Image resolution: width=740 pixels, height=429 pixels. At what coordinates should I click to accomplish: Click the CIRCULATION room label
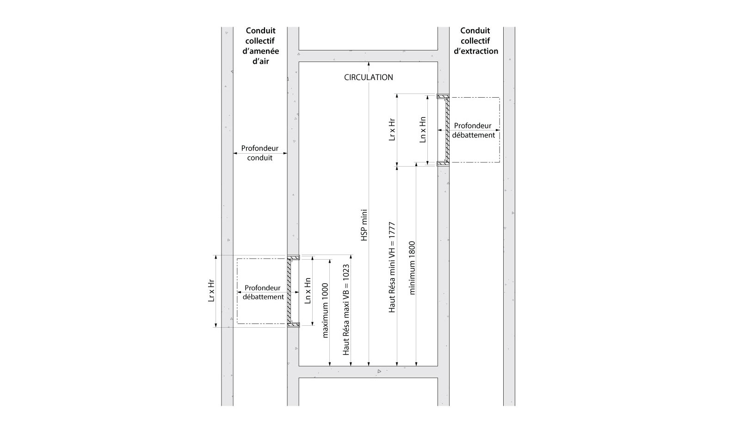pyautogui.click(x=368, y=77)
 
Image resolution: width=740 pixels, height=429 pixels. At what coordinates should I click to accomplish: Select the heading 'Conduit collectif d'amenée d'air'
pyautogui.click(x=260, y=46)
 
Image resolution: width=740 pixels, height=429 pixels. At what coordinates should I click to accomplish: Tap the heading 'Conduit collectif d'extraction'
pyautogui.click(x=475, y=41)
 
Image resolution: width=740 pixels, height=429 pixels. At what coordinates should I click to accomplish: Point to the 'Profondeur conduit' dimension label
pyautogui.click(x=259, y=153)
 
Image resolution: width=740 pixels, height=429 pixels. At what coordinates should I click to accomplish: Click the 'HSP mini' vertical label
pyautogui.click(x=364, y=225)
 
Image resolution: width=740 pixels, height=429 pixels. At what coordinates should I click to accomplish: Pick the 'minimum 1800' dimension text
pyautogui.click(x=412, y=268)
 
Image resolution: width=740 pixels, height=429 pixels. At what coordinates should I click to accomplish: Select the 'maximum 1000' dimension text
pyautogui.click(x=325, y=311)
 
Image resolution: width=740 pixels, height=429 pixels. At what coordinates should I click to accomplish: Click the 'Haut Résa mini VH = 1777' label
pyautogui.click(x=392, y=267)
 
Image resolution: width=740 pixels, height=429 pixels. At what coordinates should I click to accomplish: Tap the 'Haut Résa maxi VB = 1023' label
pyautogui.click(x=345, y=310)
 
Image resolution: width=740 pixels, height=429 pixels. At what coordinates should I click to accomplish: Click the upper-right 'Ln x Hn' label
pyautogui.click(x=423, y=130)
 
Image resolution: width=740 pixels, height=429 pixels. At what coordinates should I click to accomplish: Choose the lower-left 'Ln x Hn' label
pyautogui.click(x=308, y=291)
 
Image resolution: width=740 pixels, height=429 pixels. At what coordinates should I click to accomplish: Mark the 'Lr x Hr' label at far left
pyautogui.click(x=211, y=291)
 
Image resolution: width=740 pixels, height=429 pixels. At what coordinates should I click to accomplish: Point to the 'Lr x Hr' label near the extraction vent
pyautogui.click(x=392, y=130)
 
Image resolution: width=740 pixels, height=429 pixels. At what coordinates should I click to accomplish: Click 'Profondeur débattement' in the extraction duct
pyautogui.click(x=473, y=131)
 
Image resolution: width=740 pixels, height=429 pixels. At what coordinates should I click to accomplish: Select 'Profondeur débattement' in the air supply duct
pyautogui.click(x=263, y=292)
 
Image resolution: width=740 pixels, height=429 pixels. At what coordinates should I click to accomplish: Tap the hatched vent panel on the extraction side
pyautogui.click(x=447, y=130)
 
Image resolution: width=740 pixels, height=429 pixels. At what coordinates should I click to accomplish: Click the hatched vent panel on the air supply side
pyautogui.click(x=289, y=291)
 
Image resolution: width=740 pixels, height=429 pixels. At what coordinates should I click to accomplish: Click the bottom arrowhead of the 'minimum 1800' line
pyautogui.click(x=416, y=364)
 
